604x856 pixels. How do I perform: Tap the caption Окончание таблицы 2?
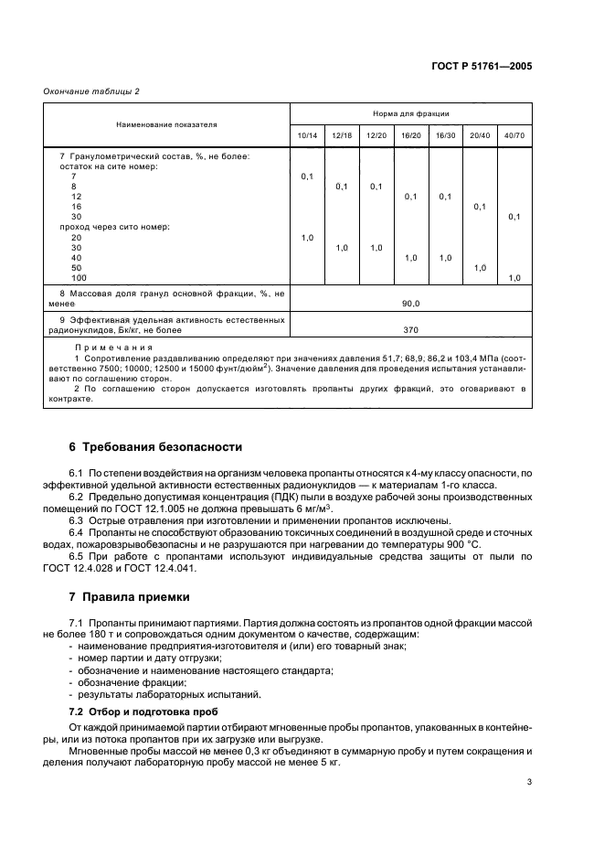pos(92,91)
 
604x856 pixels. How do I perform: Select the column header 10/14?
pos(307,135)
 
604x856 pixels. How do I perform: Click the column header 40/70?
pos(514,135)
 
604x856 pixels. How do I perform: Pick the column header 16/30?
pos(445,135)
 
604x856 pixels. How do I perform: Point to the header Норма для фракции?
pos(410,113)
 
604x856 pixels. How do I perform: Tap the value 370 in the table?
pos(410,328)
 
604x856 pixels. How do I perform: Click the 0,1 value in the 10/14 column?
pos(307,176)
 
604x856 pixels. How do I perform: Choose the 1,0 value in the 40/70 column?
pos(514,278)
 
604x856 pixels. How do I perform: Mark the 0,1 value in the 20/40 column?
pos(480,207)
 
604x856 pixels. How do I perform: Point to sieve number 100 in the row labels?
pos(79,278)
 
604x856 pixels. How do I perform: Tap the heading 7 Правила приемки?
pos(130,597)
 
